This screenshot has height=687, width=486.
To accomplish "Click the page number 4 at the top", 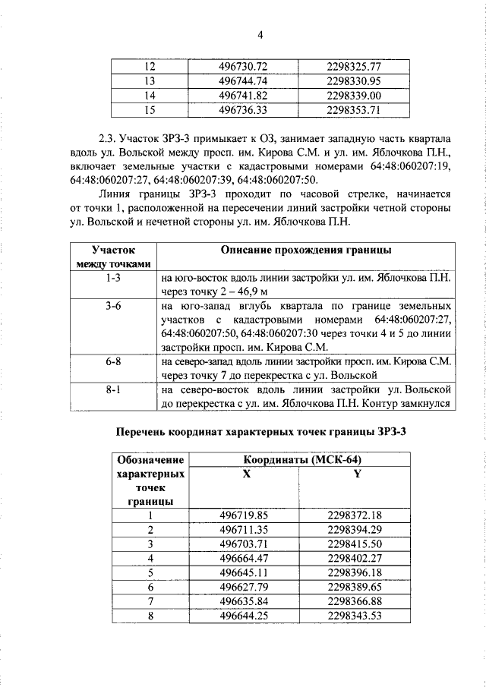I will [x=260, y=35].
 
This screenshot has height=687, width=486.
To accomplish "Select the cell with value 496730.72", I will [x=244, y=67].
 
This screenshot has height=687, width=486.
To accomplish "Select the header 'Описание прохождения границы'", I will [x=306, y=251].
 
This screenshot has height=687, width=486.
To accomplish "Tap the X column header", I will [x=245, y=474].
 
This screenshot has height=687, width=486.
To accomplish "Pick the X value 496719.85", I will [x=244, y=515].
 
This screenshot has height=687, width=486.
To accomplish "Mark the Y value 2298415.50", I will [x=354, y=544].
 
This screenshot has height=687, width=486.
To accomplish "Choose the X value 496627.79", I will [x=244, y=587].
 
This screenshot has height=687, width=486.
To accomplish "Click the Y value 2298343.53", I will [x=354, y=616].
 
